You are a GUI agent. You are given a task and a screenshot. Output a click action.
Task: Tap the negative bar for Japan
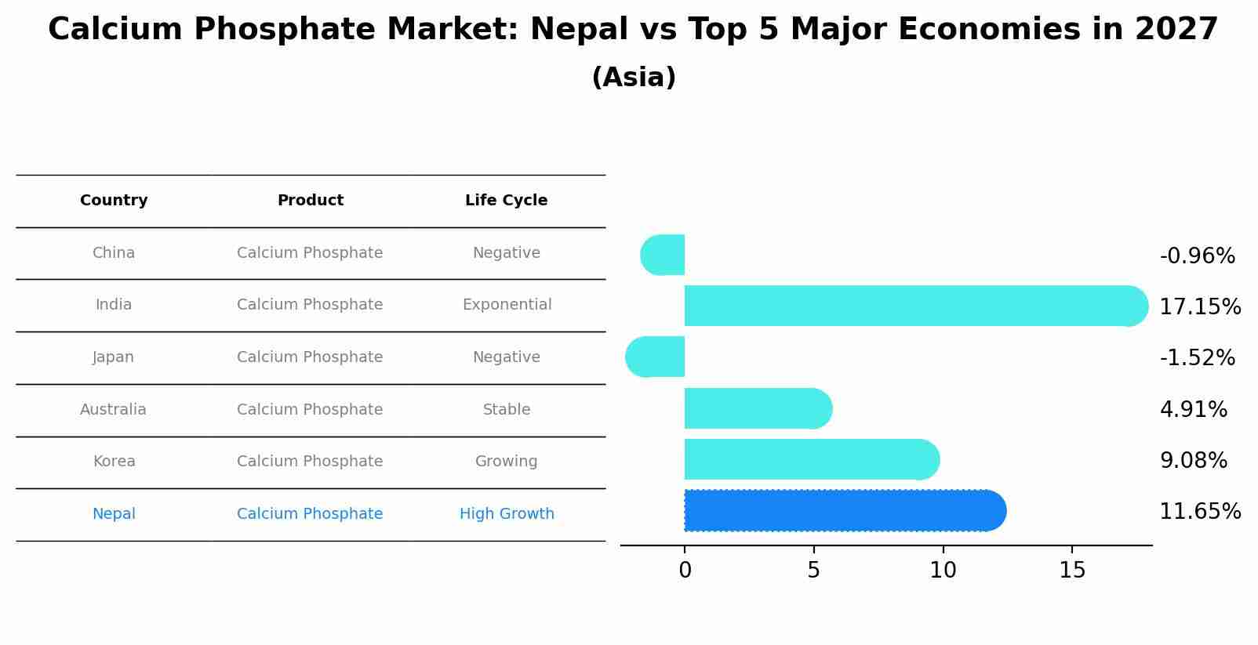tap(656, 357)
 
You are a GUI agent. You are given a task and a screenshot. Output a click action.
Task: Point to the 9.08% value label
tap(1193, 461)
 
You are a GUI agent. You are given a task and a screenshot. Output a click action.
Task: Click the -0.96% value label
tap(1197, 256)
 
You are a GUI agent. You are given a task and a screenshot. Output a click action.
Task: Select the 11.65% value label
tap(1199, 512)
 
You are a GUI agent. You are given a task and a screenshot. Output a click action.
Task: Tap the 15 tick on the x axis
tap(1072, 571)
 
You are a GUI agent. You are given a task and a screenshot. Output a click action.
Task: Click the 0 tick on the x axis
tap(685, 571)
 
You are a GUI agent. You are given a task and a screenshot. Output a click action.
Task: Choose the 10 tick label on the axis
tap(943, 571)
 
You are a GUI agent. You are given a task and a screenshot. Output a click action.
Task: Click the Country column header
tap(114, 201)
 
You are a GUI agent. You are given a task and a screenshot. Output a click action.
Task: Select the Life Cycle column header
tap(506, 201)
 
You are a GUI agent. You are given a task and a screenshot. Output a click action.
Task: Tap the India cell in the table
tap(114, 305)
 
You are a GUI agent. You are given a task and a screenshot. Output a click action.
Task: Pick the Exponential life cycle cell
tap(507, 305)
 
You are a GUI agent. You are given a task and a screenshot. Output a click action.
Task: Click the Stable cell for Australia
tap(507, 410)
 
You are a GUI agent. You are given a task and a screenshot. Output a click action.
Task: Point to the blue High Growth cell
tap(507, 514)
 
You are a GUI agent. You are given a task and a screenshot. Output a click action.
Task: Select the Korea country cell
tap(115, 462)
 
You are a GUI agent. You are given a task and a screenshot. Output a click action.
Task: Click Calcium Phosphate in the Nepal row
tap(310, 514)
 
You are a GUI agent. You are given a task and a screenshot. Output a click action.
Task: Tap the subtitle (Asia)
tap(634, 78)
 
